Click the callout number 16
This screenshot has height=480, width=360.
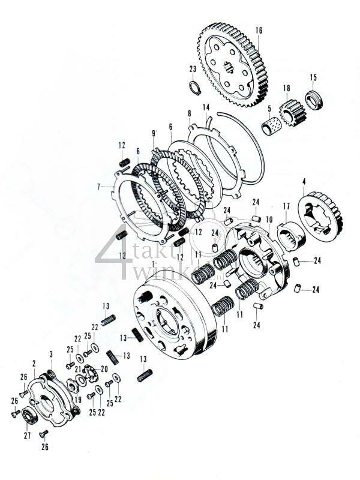(259, 29)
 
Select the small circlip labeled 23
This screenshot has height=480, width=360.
(193, 89)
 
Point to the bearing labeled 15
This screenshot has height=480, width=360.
(313, 98)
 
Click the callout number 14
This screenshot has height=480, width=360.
(205, 107)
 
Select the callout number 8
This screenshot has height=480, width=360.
(189, 113)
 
